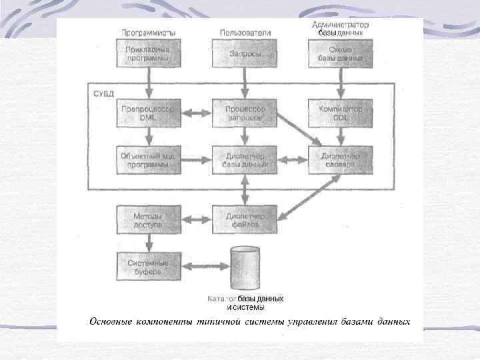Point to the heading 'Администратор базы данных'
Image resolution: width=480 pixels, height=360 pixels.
pyautogui.click(x=341, y=28)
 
